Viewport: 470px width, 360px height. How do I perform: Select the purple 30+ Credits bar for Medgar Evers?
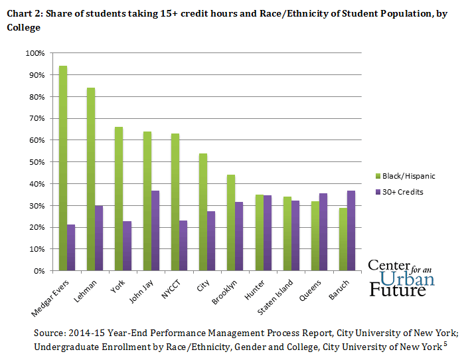pos(72,247)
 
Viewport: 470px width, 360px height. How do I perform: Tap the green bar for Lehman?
pos(91,179)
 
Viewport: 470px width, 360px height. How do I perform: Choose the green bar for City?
pos(202,212)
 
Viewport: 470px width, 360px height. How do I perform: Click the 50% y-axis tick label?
pos(36,162)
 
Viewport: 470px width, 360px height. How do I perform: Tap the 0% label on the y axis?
pos(39,271)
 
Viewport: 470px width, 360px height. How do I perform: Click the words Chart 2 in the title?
pos(22,14)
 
